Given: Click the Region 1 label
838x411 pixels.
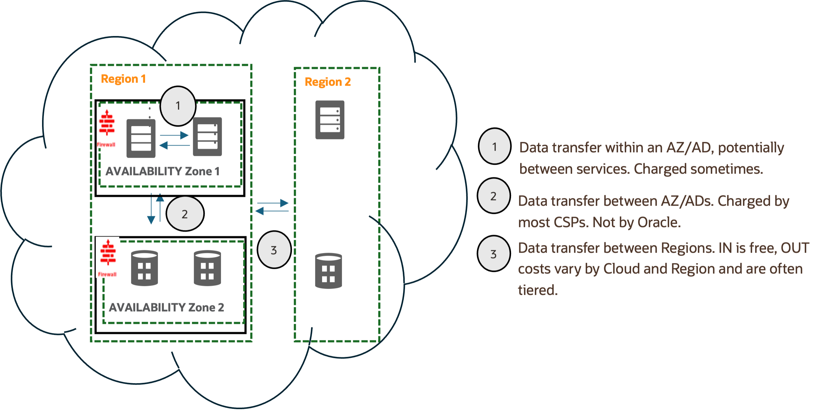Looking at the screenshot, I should [x=123, y=79].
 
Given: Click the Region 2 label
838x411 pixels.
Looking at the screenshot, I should [x=328, y=82].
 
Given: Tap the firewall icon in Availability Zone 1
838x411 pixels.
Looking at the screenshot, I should [x=107, y=127].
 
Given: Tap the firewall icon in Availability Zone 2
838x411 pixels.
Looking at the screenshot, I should [x=108, y=257].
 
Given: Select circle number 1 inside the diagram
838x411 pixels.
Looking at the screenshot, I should [x=178, y=106].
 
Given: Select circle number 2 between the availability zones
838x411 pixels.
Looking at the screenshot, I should [x=185, y=214].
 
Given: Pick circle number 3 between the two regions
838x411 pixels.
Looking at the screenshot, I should [x=274, y=250].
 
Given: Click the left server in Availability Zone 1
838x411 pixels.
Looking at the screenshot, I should [x=141, y=139].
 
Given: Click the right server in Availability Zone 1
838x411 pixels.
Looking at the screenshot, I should [x=207, y=137].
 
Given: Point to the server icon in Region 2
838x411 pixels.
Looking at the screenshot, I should [x=329, y=120].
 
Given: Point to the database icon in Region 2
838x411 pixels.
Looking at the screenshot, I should [x=328, y=271].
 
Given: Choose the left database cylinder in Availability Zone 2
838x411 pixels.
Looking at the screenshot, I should [x=144, y=268].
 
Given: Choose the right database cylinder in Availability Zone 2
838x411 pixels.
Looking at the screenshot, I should [x=207, y=268].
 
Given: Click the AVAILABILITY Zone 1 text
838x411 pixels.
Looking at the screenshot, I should [x=162, y=171].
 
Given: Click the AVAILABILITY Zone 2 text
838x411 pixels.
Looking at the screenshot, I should [x=166, y=307].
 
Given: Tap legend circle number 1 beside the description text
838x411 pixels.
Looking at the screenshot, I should [x=494, y=146].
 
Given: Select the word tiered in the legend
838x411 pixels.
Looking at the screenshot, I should [x=538, y=290].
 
